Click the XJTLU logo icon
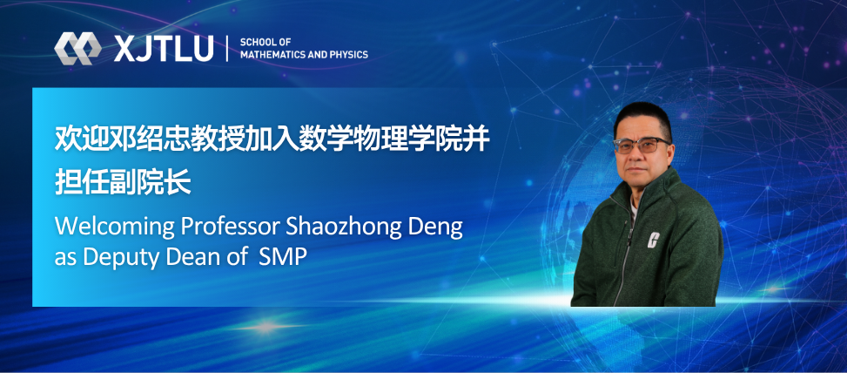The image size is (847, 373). [x=78, y=48]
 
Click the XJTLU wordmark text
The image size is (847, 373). [x=164, y=49]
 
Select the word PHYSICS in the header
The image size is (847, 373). [x=346, y=55]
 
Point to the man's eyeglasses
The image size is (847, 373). [x=642, y=145]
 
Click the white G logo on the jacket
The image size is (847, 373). [x=651, y=241]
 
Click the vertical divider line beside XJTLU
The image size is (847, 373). [x=227, y=49]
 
